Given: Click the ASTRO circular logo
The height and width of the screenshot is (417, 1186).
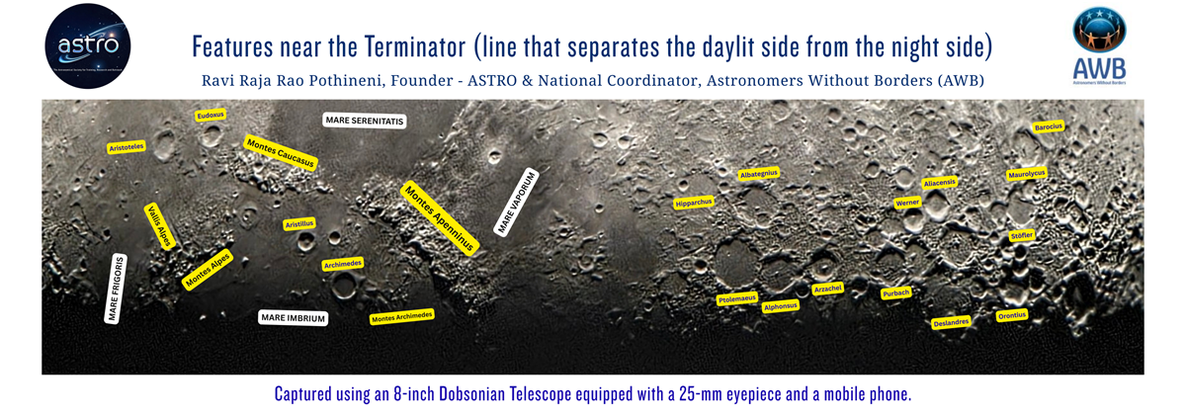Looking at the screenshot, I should coord(88,45).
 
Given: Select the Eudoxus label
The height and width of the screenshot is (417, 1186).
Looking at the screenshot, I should coord(211,116).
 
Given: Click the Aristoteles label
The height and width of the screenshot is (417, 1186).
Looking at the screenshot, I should coord(127,147).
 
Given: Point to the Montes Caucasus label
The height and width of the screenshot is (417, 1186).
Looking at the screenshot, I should coord(280,152).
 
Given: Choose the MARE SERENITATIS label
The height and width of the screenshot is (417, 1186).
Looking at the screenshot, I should coord(365,121).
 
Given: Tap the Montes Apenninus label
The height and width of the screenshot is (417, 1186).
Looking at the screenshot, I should coord(439,217).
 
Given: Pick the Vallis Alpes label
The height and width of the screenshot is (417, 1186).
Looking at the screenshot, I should coord(160,226).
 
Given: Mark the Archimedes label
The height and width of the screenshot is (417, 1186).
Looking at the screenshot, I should coord(343,264).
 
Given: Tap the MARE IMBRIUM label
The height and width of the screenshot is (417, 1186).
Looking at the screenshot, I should coord(293,318).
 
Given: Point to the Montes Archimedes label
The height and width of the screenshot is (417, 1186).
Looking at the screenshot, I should coord(402,316).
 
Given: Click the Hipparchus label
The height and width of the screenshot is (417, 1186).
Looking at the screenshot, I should coord(693,203).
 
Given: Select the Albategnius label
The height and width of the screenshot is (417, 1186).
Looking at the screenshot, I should coord(759,174).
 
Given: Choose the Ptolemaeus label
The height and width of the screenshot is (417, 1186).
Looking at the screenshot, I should coord(735,297).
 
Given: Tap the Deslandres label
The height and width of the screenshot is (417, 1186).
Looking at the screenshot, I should coord(951,322).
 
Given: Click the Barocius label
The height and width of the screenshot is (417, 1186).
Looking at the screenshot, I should coord(1048,127).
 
